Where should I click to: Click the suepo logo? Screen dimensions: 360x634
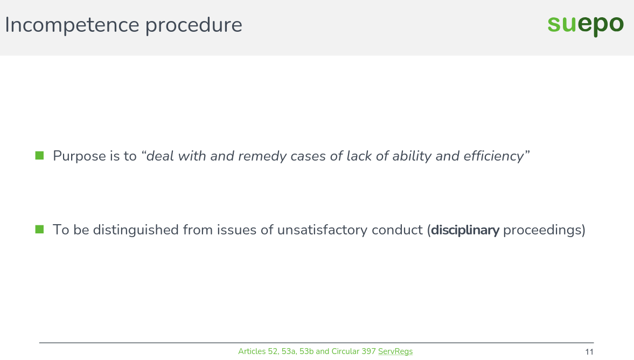pos(586,25)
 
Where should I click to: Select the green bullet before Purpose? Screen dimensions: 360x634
pos(39,156)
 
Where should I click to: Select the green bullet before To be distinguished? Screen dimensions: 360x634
pos(39,230)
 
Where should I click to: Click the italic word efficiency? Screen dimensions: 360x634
pos(493,156)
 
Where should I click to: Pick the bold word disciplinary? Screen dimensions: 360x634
pos(465,230)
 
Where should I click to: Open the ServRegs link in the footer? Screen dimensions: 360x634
pos(395,351)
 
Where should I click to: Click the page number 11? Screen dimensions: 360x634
pos(589,352)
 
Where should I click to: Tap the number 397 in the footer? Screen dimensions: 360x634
pos(368,351)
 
